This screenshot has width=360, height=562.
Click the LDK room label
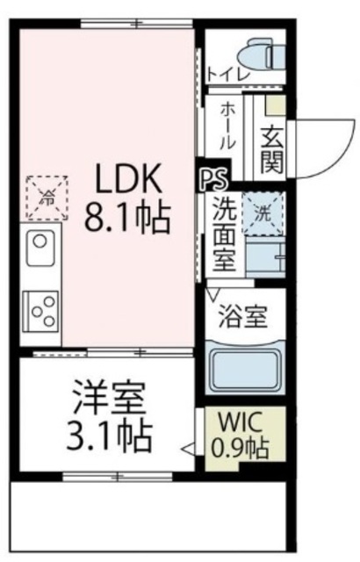pyautogui.click(x=126, y=178)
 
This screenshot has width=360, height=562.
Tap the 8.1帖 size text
pyautogui.click(x=126, y=217)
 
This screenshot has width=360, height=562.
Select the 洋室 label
pyautogui.click(x=109, y=398)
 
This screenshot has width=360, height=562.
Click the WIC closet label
pyautogui.click(x=241, y=423)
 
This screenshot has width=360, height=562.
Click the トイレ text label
pyautogui.click(x=228, y=75)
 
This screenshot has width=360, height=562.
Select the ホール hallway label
pyautogui.click(x=227, y=125)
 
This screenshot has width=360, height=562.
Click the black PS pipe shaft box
pyautogui.click(x=213, y=175)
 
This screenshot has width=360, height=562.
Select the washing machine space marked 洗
pyautogui.click(x=263, y=214)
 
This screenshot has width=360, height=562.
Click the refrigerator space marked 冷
pyautogui.click(x=47, y=198)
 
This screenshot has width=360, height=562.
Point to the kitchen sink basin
pyautogui.click(x=40, y=248)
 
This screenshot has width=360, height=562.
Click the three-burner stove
pyautogui.click(x=40, y=312)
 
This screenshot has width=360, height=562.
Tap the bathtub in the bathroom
pyautogui.click(x=245, y=367)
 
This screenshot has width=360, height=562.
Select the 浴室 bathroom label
pyautogui.click(x=243, y=316)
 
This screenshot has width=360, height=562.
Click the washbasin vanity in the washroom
pyautogui.click(x=266, y=256)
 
